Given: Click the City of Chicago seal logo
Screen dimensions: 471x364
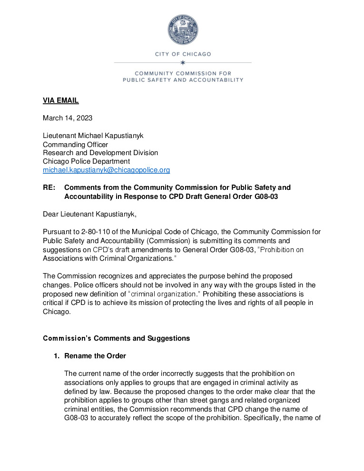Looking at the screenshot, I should (183, 30).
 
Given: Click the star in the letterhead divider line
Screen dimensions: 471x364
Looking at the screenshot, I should (183, 62).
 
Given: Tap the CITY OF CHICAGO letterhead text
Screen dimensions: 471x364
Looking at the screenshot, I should (183, 54).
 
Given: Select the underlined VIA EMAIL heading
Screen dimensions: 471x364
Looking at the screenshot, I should (60, 100).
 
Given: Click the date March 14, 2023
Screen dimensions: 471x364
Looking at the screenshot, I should (68, 118).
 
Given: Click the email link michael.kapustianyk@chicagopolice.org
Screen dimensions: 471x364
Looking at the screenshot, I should (106, 170).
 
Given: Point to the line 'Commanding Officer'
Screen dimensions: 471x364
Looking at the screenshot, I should (75, 144).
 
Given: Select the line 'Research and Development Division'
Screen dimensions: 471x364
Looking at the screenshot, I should (100, 153).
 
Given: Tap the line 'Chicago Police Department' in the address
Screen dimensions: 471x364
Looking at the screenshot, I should (86, 161).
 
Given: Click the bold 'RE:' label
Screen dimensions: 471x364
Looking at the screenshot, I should (49, 187).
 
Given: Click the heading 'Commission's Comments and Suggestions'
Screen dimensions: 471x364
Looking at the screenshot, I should (116, 338).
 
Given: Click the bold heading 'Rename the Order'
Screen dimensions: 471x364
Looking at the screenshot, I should (95, 356).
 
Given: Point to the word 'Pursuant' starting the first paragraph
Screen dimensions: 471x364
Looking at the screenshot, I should (57, 232).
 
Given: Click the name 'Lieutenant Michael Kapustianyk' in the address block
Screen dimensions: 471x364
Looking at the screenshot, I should (93, 136).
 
